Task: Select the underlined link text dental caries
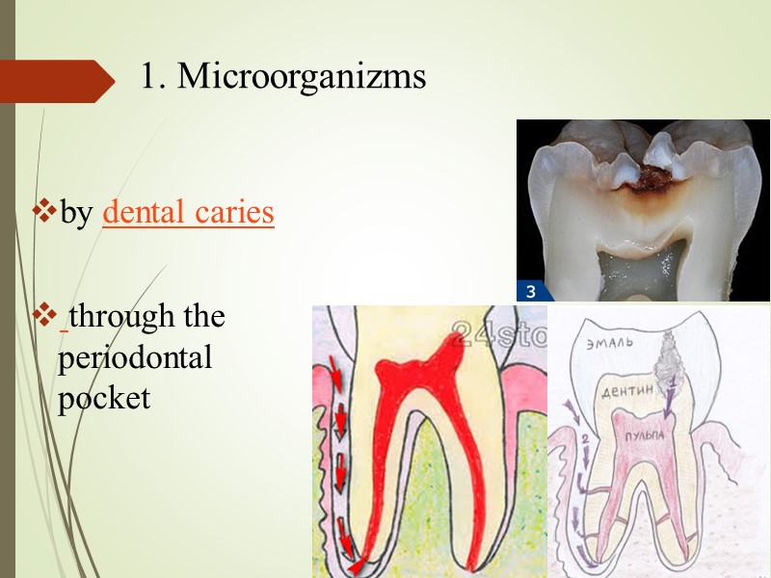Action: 188,213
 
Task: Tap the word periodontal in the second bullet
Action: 134,357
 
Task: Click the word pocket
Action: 104,398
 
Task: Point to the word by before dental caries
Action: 76,214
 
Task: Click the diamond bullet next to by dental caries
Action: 44,210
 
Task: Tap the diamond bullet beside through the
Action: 44,313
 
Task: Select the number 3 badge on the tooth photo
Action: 530,292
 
